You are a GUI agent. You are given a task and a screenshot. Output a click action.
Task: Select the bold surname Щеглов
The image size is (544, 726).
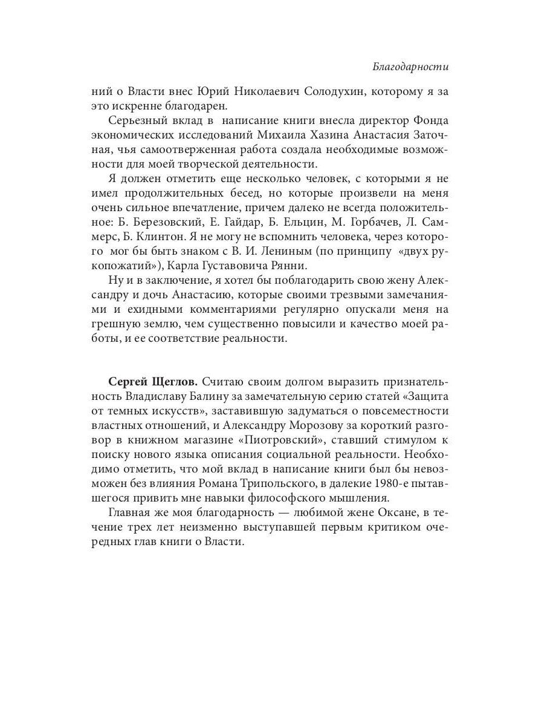click(172, 382)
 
